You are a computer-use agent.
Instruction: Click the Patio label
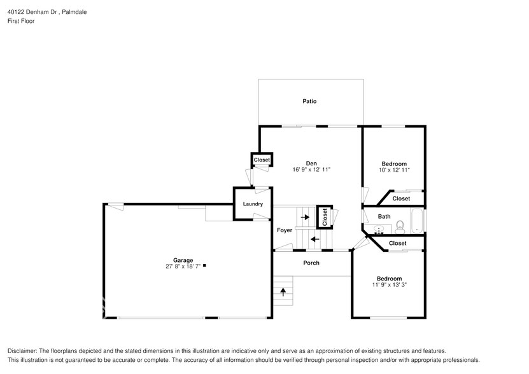[x=309, y=101]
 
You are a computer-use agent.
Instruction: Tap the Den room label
[x=311, y=163]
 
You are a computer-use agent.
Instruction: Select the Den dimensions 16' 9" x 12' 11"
[x=311, y=170]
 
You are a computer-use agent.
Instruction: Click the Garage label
[x=183, y=260]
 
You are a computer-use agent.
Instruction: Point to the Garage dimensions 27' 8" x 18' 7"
[x=183, y=267]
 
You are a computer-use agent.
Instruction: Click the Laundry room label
[x=253, y=204]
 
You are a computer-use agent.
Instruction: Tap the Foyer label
[x=284, y=230]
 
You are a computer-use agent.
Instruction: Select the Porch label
[x=311, y=263]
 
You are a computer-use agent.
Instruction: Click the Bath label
[x=384, y=216]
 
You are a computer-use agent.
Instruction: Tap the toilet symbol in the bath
[x=400, y=225]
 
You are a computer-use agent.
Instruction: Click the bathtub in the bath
[x=418, y=221]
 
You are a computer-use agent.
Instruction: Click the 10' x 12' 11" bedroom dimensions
[x=393, y=170]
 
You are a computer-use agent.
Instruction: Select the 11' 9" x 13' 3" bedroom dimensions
[x=389, y=285]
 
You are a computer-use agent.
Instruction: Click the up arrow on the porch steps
[x=283, y=292]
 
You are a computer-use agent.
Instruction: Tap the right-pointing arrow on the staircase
[x=306, y=217]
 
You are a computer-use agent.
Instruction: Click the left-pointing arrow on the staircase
[x=314, y=239]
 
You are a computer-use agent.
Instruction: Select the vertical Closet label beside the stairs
[x=324, y=217]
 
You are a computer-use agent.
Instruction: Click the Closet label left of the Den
[x=262, y=160]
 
